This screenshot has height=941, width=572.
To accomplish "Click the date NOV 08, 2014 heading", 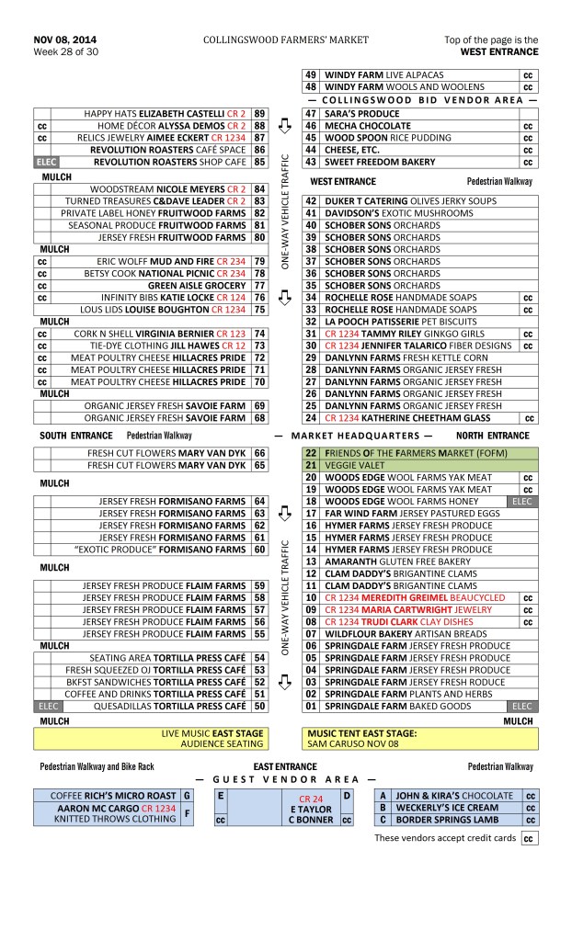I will [x=64, y=40].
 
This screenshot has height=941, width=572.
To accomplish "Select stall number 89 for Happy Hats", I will [x=260, y=113].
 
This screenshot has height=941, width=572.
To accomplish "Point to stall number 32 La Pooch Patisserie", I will [x=311, y=322].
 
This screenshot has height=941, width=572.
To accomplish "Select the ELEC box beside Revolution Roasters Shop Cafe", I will [x=46, y=162].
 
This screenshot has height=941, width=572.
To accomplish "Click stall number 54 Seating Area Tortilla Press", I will [x=260, y=658].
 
